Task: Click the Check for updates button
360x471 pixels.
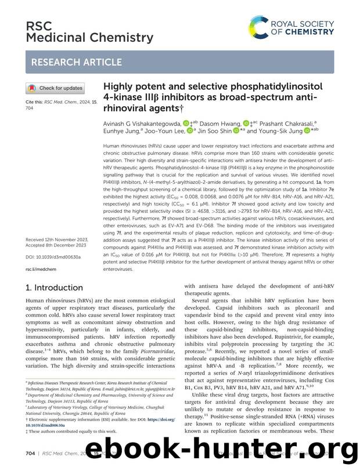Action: coord(55,88)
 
